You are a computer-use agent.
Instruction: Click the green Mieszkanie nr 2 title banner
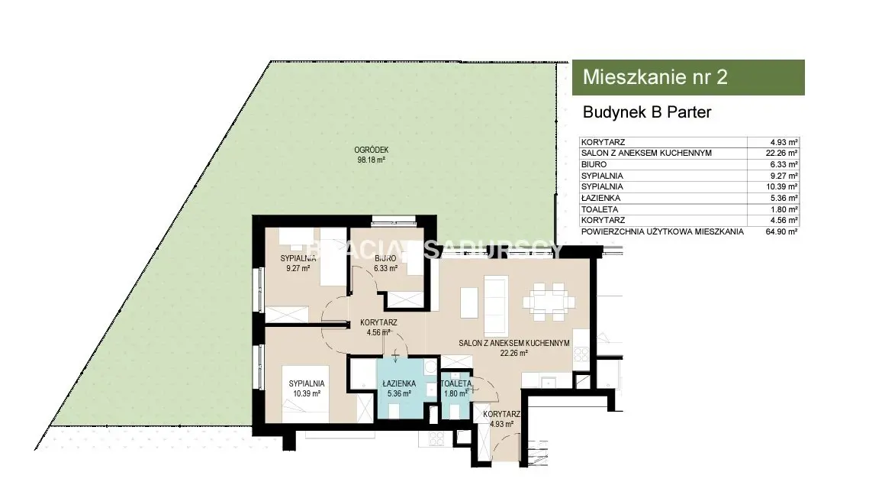point(687,77)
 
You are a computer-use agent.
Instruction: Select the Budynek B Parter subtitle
point(647,112)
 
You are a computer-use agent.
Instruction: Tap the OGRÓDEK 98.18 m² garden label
point(372,155)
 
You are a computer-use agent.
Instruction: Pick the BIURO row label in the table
point(594,165)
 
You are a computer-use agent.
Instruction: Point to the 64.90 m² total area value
point(781,231)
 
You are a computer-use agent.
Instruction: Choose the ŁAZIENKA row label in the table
point(600,198)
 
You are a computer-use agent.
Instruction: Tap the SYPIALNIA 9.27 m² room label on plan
point(298,263)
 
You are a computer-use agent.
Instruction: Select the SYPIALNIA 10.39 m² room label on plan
point(307,388)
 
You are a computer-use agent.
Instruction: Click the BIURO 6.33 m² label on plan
point(385,263)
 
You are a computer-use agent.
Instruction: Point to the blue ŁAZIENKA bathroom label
point(399,388)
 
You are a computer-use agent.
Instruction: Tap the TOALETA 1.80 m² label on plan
point(456,388)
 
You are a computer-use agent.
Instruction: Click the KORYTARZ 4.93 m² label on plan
point(501,419)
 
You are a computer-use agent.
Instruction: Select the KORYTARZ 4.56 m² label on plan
point(378,327)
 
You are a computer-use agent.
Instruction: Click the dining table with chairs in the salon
point(548,302)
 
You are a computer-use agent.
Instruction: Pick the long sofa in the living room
point(497,302)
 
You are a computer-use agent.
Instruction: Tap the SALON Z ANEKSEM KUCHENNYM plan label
point(513,343)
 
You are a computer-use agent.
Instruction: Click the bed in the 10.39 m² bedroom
point(305,393)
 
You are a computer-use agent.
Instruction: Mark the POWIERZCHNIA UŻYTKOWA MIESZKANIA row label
point(662,231)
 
